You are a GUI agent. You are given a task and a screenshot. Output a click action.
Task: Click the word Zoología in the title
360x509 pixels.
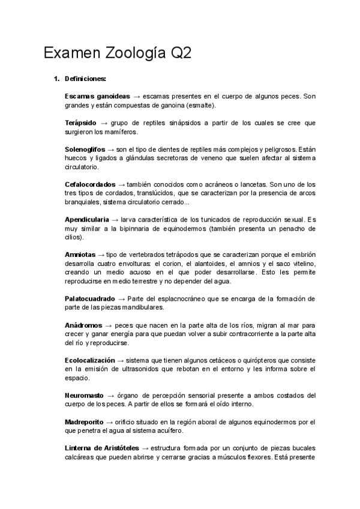point(130,55)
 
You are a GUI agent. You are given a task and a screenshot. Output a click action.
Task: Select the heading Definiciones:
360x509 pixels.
point(85,79)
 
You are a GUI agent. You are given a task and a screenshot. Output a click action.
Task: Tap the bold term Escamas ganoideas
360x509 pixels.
point(97,96)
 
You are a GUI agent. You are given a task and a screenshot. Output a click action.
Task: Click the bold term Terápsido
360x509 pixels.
point(80,122)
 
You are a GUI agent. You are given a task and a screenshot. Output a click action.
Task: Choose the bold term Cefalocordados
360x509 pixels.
point(90,184)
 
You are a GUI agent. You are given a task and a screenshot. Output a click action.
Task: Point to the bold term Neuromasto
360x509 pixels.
point(84,396)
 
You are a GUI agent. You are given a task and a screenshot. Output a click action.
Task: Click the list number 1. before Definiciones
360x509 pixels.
point(56,79)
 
